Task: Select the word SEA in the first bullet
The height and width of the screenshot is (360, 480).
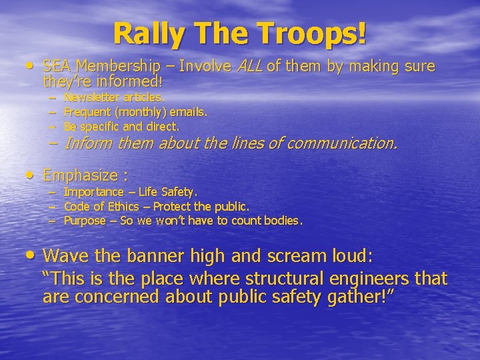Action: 57,67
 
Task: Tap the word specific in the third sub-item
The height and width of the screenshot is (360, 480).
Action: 99,125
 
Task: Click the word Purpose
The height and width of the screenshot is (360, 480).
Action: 85,221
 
